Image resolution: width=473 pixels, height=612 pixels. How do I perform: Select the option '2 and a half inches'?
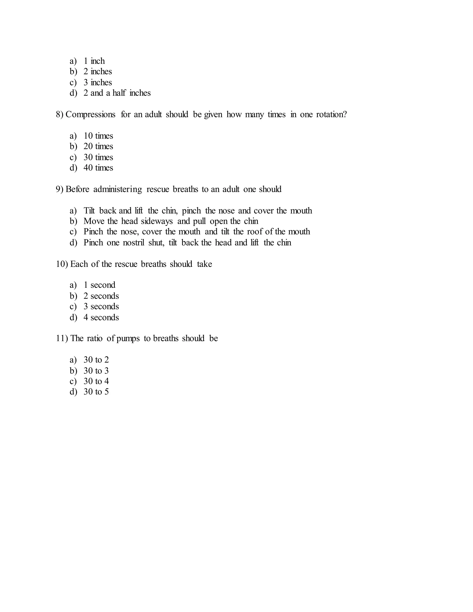(x=117, y=93)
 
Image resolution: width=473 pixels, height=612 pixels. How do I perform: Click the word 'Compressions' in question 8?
(x=90, y=114)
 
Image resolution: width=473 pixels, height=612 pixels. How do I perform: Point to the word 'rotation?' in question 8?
(x=331, y=114)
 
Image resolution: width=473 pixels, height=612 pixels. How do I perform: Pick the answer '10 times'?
(x=98, y=136)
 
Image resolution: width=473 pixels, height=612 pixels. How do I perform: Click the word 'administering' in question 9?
(x=118, y=189)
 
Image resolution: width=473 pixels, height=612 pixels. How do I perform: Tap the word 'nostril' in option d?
(x=133, y=242)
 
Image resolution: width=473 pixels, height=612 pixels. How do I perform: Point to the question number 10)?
(x=62, y=264)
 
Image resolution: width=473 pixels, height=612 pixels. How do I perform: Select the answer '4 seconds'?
(x=101, y=317)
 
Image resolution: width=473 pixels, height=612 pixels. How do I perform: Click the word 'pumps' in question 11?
(x=128, y=339)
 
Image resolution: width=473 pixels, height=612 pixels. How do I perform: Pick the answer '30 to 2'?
(x=96, y=360)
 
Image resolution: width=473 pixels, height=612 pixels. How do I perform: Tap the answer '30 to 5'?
(x=96, y=391)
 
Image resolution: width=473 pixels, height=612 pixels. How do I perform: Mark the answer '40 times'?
(x=98, y=168)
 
